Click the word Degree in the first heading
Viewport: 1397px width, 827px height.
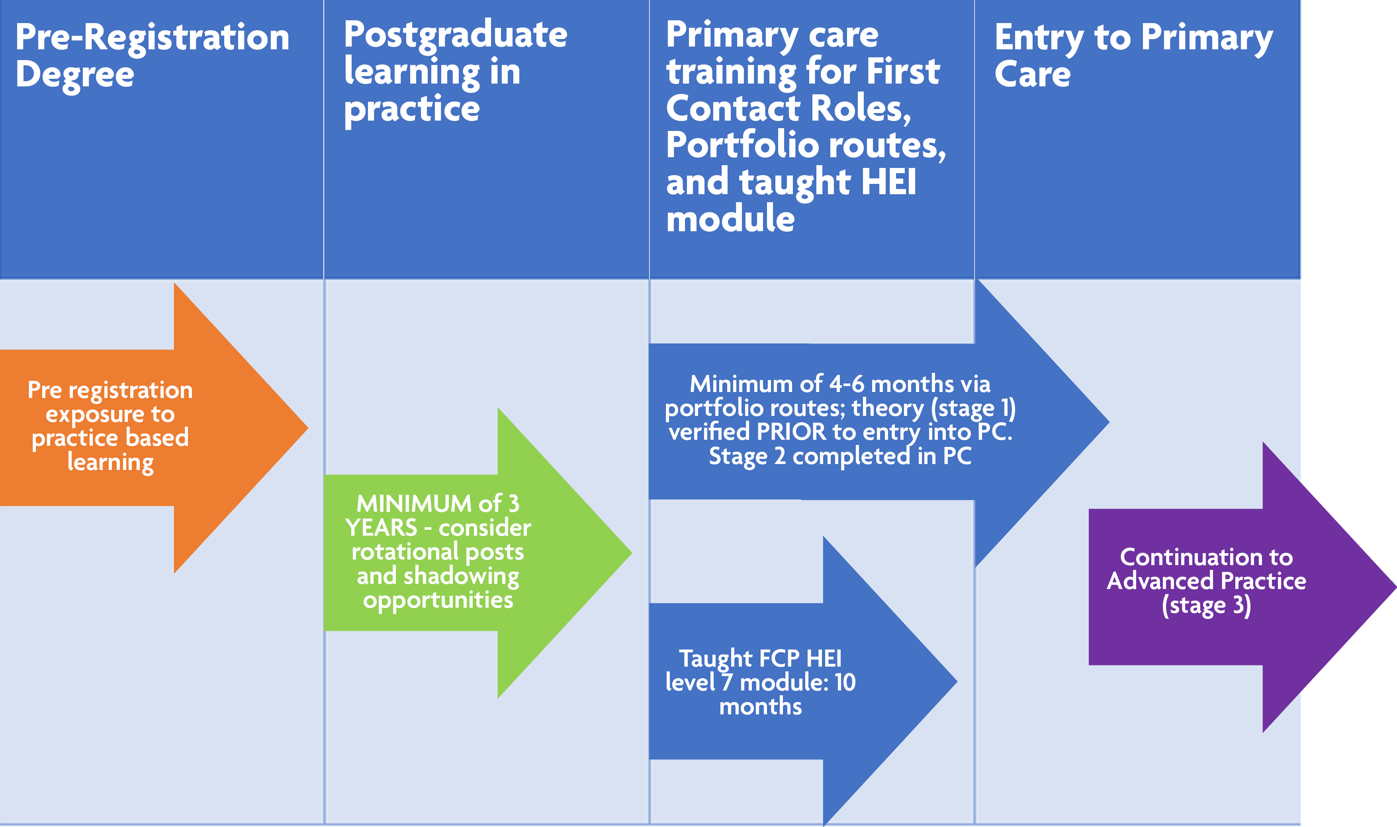(75, 75)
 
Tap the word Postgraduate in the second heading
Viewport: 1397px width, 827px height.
(456, 35)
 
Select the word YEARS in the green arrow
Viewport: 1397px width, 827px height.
(381, 528)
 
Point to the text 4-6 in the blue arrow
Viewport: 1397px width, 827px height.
(846, 384)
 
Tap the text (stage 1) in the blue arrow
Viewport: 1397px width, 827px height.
(973, 408)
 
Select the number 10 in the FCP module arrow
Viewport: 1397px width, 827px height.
(845, 683)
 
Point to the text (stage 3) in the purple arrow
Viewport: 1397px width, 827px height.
(1206, 605)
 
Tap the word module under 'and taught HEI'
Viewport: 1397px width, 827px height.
(730, 218)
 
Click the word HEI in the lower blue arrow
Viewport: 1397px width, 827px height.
(824, 659)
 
